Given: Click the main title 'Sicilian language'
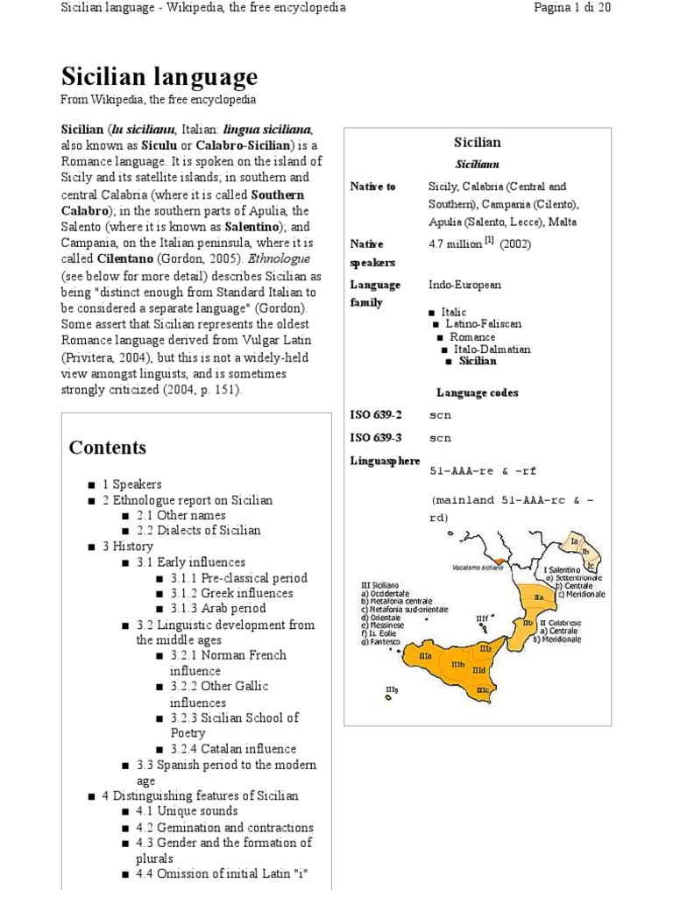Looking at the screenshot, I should (x=159, y=76).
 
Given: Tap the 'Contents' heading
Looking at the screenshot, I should (x=108, y=448).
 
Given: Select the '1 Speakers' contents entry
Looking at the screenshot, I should (x=132, y=484).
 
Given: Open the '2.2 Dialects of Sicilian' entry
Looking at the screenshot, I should (x=199, y=530).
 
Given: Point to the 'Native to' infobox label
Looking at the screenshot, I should (x=373, y=187).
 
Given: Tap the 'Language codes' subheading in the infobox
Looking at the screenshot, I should (x=478, y=392).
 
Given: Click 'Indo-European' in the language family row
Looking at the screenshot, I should (x=464, y=285).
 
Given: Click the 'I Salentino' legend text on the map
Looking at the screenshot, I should (x=560, y=570).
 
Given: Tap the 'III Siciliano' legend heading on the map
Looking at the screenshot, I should (x=379, y=584).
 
